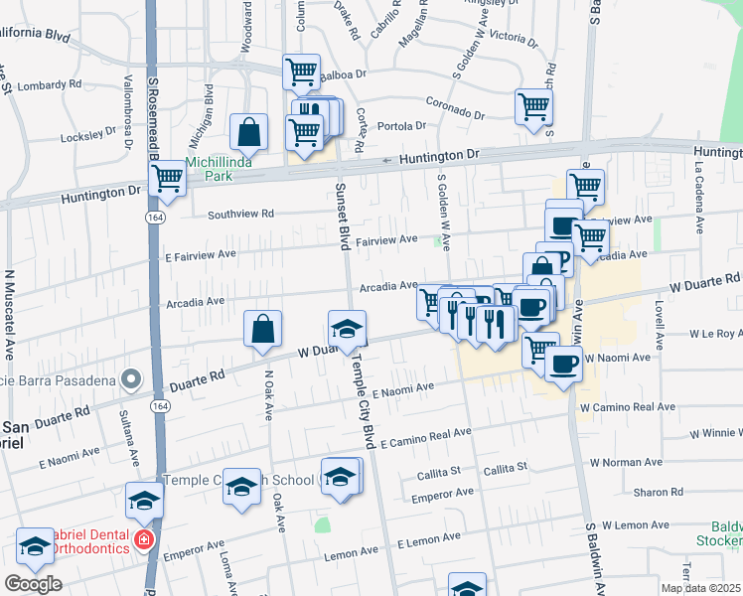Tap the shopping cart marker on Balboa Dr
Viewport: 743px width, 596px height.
301,72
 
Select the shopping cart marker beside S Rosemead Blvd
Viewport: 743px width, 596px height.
168,180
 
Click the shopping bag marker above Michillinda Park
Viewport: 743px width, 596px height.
248,131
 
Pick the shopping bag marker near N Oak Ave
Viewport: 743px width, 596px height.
263,329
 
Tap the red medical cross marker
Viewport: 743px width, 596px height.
144,540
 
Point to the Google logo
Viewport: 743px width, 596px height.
33,584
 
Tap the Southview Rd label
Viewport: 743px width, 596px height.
240,214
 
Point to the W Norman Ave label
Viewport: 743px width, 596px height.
626,462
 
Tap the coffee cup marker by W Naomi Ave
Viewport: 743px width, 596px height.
564,363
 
